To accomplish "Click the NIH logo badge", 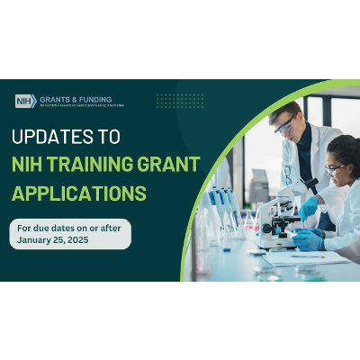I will coord(26,101).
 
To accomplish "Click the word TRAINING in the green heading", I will coord(103,166).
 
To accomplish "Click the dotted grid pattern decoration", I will coord(179,100).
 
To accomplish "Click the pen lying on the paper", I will coord(307,256).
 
